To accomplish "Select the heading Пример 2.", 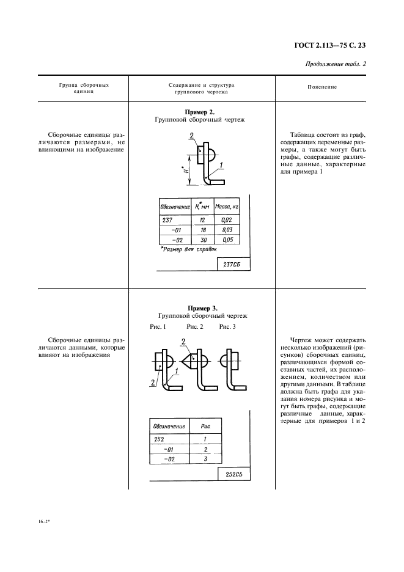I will coord(200,112).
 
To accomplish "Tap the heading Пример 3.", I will coord(200,307).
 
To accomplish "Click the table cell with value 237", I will coord(168,220).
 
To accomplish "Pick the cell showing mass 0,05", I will coord(227,241).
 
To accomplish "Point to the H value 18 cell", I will coord(201,230).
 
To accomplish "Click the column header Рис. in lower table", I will coord(205,425).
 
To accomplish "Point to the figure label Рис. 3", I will coord(227,328).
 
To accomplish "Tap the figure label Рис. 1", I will coord(158,328).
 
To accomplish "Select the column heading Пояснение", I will coord(322,87).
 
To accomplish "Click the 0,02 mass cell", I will coord(227,220).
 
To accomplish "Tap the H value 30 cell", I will coord(201,241).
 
